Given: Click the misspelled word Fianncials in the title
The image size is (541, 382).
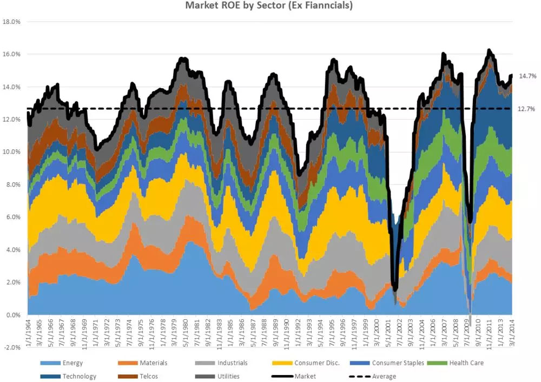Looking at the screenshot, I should (x=325, y=6).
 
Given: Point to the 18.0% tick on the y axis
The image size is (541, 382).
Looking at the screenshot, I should (x=11, y=22).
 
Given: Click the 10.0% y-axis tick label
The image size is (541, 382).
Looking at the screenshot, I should (x=11, y=152).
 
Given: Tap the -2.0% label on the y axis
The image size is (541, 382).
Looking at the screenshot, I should (x=11, y=347).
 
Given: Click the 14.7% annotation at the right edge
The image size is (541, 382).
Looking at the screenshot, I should (x=527, y=76).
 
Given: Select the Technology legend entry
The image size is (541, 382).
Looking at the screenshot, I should (x=78, y=376).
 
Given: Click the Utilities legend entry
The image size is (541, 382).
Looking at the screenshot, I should (x=228, y=376).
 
